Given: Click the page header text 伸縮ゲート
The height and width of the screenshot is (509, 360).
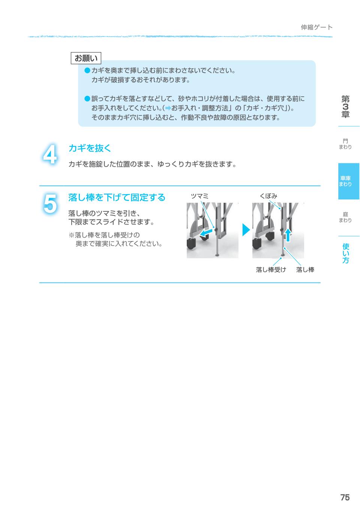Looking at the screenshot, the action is (x=316, y=27).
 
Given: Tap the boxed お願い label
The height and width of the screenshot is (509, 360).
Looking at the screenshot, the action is (x=86, y=58).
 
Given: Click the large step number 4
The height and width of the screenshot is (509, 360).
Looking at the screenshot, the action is (x=50, y=154).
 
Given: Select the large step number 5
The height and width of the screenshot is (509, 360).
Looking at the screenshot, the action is (x=50, y=204).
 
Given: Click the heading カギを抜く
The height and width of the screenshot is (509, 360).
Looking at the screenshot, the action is (x=90, y=148).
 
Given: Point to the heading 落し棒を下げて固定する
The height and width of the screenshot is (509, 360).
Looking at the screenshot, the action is (x=117, y=197).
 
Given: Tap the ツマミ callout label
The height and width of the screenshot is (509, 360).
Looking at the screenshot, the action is (x=199, y=196).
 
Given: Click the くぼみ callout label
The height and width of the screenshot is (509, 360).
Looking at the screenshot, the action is (x=268, y=196).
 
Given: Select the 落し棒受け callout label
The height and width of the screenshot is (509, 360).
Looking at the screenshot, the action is (x=271, y=269).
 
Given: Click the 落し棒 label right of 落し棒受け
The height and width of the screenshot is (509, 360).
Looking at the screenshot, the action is (x=305, y=269).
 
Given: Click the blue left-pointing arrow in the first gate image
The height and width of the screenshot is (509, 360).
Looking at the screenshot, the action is (x=206, y=233).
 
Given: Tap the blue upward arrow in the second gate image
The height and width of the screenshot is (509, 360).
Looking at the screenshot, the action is (x=288, y=235).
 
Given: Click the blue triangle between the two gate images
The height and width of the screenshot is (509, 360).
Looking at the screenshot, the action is (x=246, y=230).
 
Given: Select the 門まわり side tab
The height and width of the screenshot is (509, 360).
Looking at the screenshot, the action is (x=345, y=144).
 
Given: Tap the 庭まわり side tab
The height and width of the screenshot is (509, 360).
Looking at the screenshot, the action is (x=345, y=217).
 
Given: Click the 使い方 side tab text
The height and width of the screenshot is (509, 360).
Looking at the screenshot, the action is (x=345, y=253).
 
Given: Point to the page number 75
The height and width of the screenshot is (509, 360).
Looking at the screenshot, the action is (x=345, y=498).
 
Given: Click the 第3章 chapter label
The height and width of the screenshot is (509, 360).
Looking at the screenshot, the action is (x=345, y=106).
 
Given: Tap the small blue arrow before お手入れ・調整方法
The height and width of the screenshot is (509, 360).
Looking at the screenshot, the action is (x=168, y=108).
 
